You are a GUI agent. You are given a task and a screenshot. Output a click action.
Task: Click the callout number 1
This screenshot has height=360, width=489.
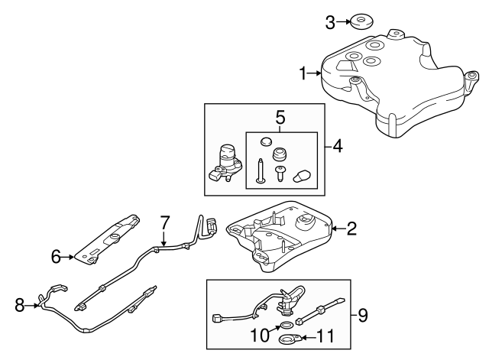pyautogui.click(x=303, y=73)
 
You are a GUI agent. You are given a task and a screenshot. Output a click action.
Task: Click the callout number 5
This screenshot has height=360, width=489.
pyautogui.click(x=280, y=118)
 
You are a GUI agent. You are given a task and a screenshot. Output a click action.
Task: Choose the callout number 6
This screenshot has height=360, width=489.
pyautogui.click(x=56, y=257)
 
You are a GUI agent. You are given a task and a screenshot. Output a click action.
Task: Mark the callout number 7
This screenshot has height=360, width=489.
pyautogui.click(x=164, y=222)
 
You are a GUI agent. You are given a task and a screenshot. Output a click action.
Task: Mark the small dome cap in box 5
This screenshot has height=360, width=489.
pyautogui.click(x=265, y=141)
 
